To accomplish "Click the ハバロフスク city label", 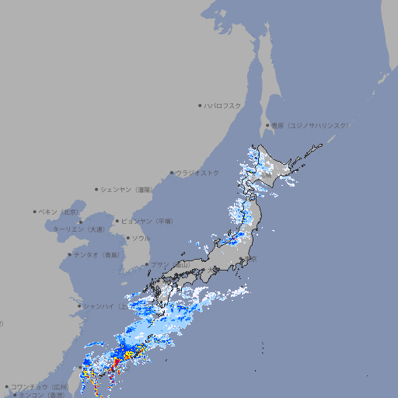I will click(x=223, y=105).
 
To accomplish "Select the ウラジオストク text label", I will click(x=197, y=173).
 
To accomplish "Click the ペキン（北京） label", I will click(x=59, y=211).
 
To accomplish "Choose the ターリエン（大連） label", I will click(x=79, y=229).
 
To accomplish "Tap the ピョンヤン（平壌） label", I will click(x=148, y=222).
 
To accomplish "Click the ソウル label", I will click(x=141, y=239).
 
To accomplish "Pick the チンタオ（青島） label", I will click(x=97, y=255).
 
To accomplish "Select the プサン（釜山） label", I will click(x=170, y=265).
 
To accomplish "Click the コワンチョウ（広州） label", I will click(x=40, y=386).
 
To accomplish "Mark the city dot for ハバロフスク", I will click(x=200, y=105).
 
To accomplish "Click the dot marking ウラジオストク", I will click(x=172, y=173).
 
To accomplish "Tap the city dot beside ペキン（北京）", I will click(x=35, y=211).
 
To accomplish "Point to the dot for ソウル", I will click(x=127, y=239).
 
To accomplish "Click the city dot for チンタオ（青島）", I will click(x=69, y=255).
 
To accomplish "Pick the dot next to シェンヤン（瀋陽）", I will click(x=96, y=189).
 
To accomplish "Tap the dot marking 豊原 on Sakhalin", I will click(x=267, y=125).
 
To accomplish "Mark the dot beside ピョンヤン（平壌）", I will click(x=118, y=222).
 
